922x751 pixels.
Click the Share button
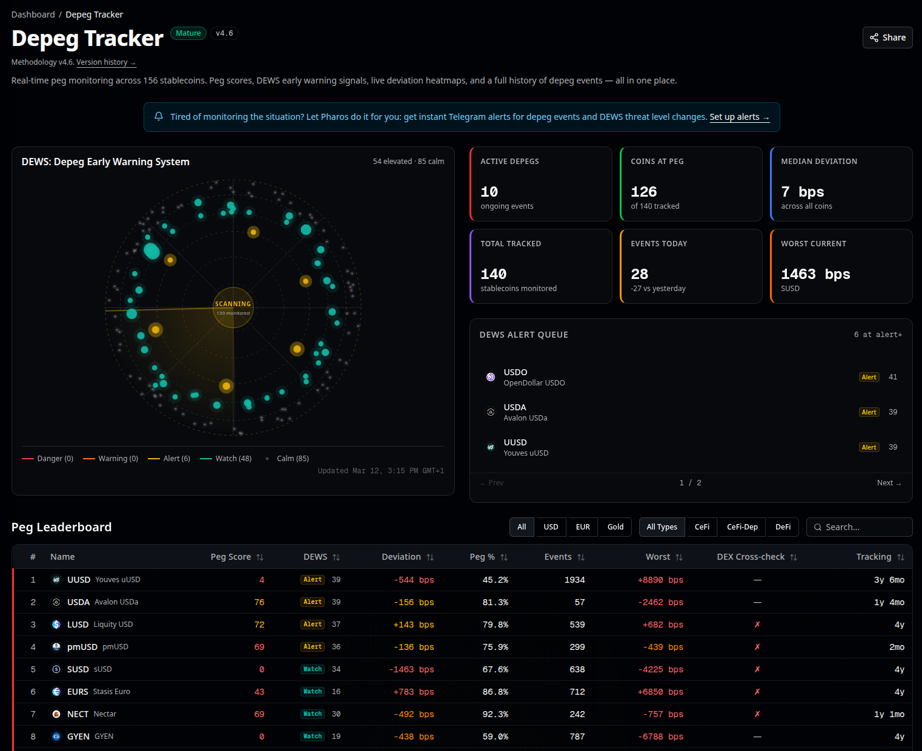point(887,38)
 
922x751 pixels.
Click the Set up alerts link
point(739,117)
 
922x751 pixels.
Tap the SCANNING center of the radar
point(233,307)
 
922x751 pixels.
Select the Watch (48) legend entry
point(226,459)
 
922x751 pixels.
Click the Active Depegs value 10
point(489,192)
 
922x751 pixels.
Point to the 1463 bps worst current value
point(815,274)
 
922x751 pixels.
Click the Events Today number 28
point(639,274)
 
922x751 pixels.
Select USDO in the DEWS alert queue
point(516,373)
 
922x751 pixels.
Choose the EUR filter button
point(583,527)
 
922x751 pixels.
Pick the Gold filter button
point(615,527)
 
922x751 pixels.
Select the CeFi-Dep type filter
point(742,527)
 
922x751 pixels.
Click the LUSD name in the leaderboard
point(78,625)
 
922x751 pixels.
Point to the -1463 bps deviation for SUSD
point(411,669)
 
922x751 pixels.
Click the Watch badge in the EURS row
point(313,692)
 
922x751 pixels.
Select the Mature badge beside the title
point(188,33)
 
